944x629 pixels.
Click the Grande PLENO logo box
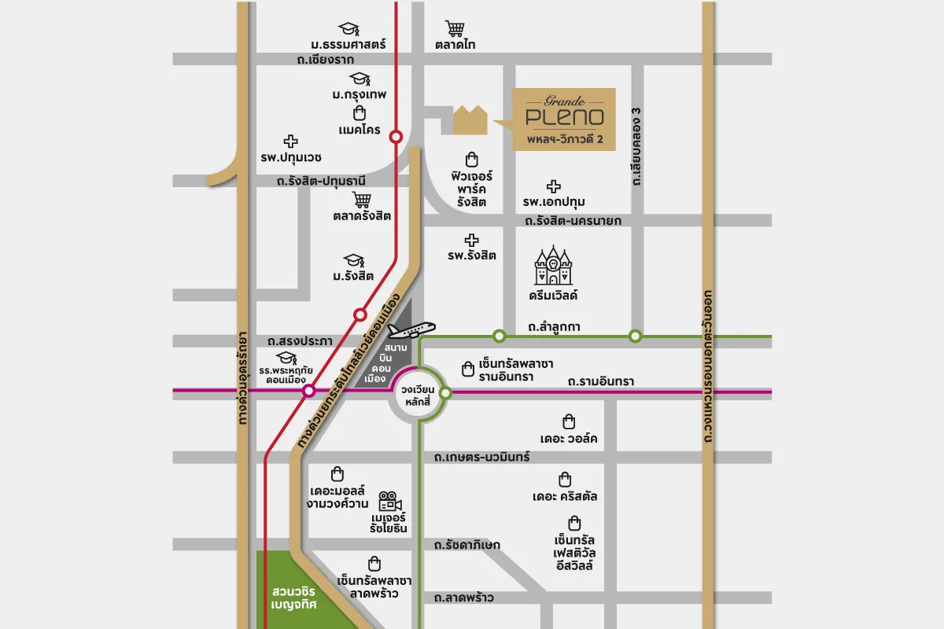click(564, 120)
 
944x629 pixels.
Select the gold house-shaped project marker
click(470, 120)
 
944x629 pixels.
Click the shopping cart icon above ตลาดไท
click(455, 29)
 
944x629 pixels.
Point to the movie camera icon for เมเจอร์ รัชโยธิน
click(389, 501)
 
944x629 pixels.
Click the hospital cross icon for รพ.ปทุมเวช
click(291, 142)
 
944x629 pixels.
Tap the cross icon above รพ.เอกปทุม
click(554, 186)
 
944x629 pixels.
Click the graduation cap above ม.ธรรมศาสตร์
click(348, 30)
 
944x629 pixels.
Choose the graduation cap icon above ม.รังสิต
click(352, 260)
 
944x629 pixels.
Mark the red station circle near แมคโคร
click(396, 136)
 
